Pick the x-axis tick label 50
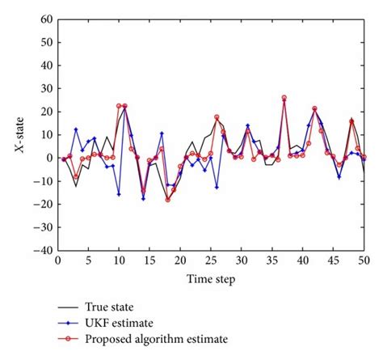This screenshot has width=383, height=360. [x=364, y=261]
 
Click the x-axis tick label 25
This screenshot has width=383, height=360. [x=210, y=261]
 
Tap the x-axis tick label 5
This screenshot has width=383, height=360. [x=88, y=261]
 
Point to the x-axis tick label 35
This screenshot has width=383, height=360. [x=271, y=261]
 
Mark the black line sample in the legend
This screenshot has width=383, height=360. [x=69, y=307]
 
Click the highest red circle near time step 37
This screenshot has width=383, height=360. [x=284, y=98]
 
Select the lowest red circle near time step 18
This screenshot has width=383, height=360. [x=168, y=199]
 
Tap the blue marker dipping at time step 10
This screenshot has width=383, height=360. [x=119, y=194]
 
